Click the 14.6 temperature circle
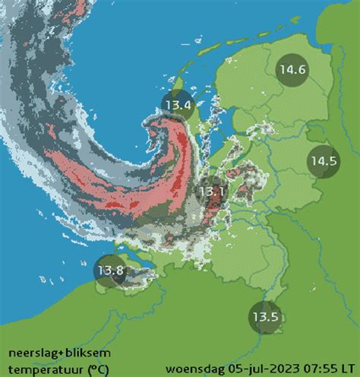pos(292,69)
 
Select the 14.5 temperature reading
pos(323,161)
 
